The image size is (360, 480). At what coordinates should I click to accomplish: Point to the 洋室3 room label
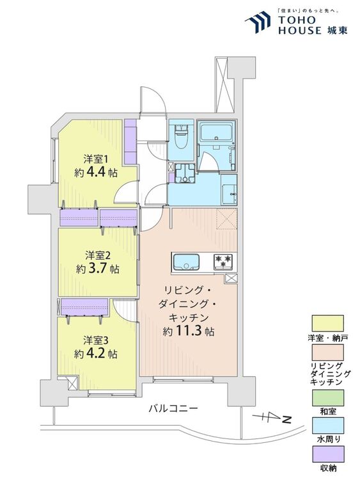(95, 339)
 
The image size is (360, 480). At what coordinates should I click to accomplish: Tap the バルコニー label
(174, 408)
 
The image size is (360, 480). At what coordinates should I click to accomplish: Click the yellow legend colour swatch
(328, 323)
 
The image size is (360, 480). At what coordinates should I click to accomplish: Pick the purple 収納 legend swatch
(328, 455)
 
